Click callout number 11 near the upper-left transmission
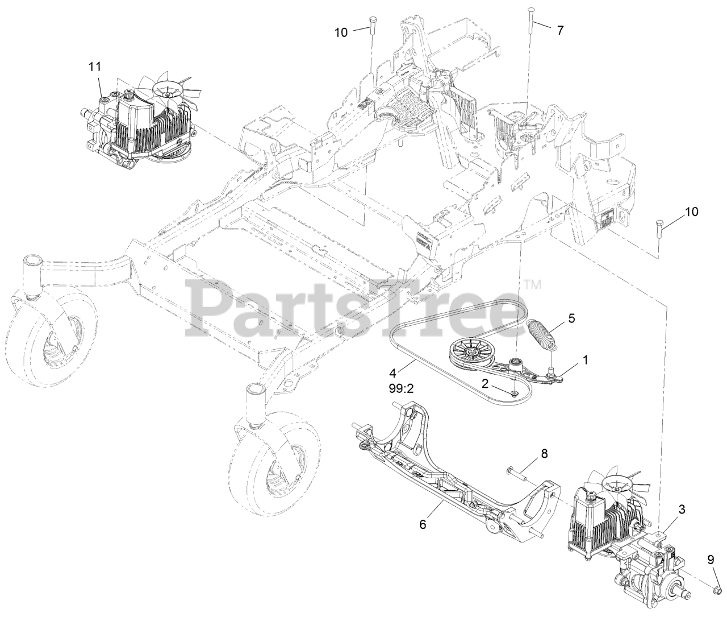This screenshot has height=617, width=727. point(94,67)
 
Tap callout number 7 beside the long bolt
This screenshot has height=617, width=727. point(560,31)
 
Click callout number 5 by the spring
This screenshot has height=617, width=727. point(571,318)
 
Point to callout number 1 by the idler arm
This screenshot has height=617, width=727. point(585,359)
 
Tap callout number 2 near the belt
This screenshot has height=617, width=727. point(485,383)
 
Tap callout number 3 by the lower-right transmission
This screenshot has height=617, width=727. point(682,510)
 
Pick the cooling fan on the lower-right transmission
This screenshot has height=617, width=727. point(617,484)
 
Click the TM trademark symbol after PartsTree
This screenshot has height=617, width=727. point(532,283)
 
